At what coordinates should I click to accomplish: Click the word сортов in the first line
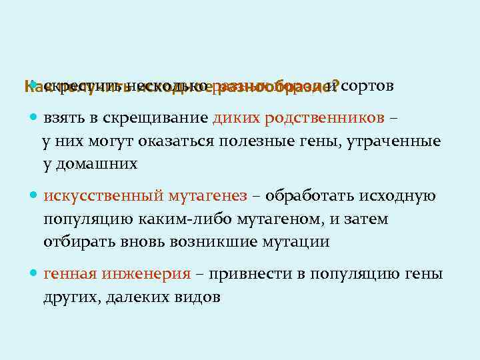[x=368, y=86]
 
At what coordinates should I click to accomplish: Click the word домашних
[x=95, y=164]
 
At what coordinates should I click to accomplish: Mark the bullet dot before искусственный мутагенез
[x=34, y=197]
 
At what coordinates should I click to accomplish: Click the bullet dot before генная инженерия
[x=34, y=274]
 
